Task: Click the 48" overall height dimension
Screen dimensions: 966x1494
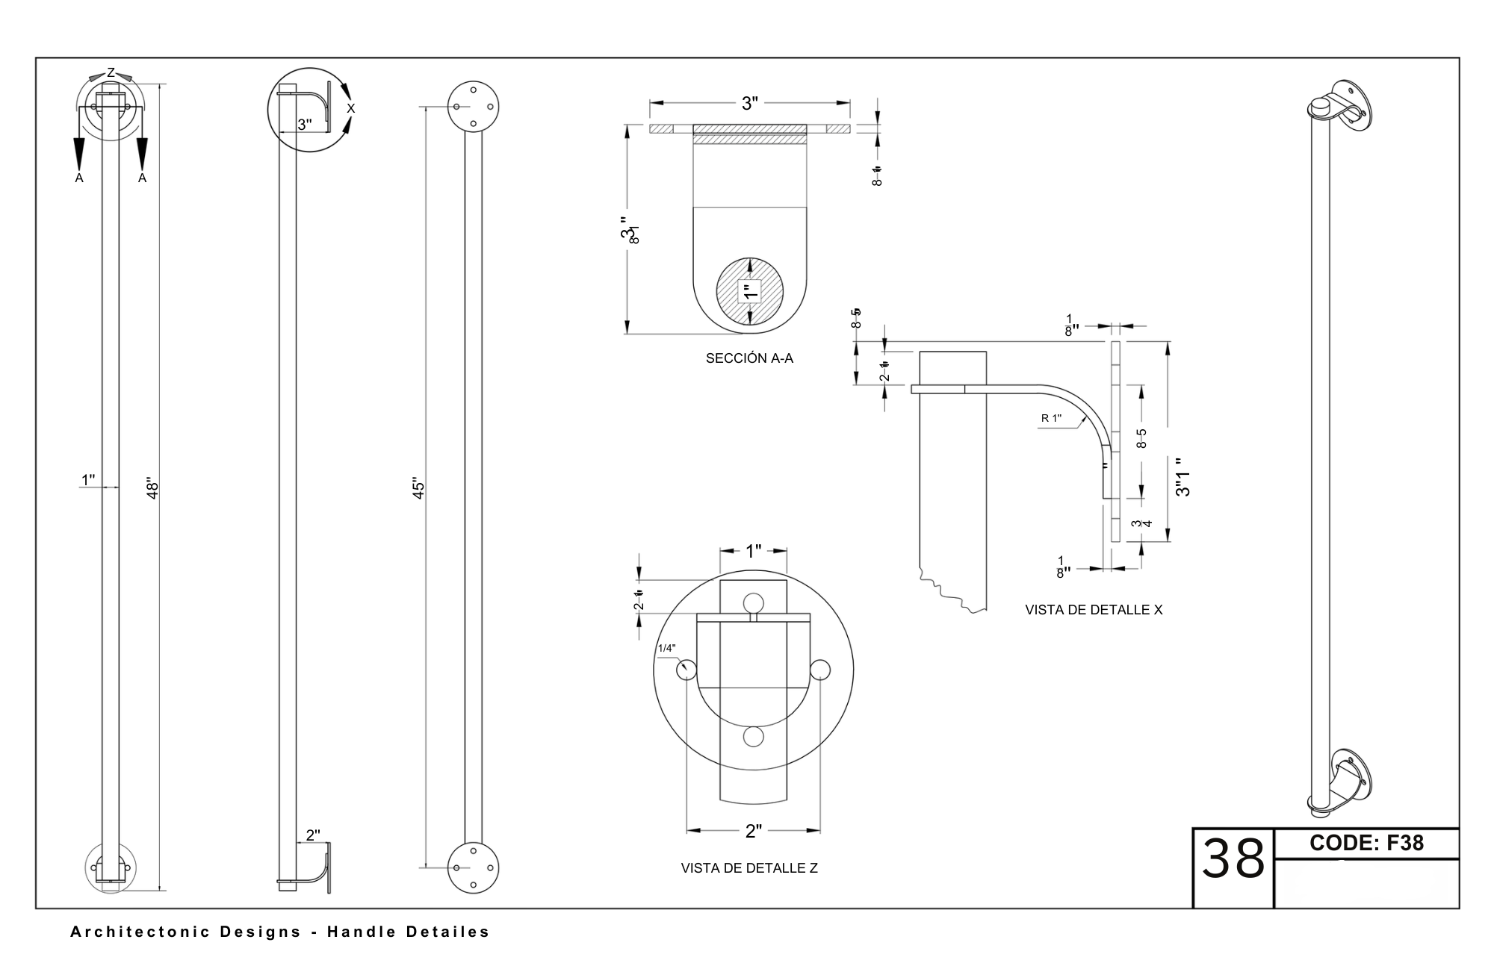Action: tap(153, 489)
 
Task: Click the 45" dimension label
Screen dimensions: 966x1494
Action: tap(419, 489)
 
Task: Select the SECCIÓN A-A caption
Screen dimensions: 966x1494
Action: tap(749, 358)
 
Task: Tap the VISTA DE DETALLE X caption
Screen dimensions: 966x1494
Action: tap(1094, 610)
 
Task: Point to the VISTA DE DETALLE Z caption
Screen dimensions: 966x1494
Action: tap(749, 868)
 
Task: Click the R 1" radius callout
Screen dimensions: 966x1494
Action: tap(1051, 418)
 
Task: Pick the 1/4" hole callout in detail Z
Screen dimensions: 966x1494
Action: tap(666, 648)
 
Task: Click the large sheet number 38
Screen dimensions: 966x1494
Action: tap(1233, 859)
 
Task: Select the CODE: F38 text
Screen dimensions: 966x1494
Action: tap(1367, 843)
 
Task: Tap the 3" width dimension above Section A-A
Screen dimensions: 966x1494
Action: tap(750, 104)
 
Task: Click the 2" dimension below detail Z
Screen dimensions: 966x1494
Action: tap(753, 831)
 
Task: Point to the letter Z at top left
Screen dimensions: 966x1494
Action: tap(111, 72)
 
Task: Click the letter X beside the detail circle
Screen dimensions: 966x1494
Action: tap(351, 109)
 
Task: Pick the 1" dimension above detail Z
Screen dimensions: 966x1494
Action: tap(753, 551)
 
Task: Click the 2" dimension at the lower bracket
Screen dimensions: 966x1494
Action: tap(313, 835)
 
